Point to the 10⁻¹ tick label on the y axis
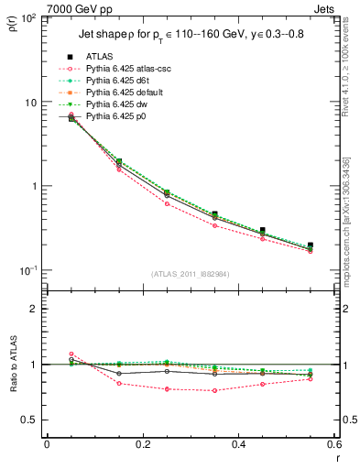(27, 270)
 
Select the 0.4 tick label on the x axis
(238, 444)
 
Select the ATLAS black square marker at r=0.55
(311, 245)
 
